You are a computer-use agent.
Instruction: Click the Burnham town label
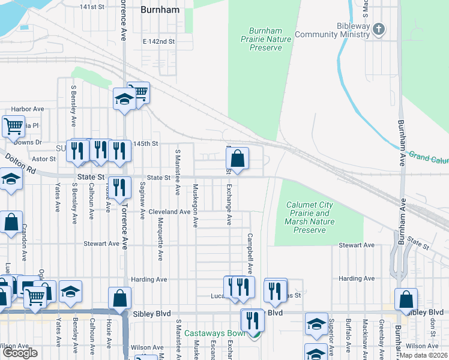[160, 10]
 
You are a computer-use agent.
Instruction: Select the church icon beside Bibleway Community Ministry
[379, 28]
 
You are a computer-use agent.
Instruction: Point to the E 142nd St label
[158, 41]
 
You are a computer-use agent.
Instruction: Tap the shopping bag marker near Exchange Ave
[238, 159]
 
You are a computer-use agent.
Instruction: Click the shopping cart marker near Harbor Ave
[13, 127]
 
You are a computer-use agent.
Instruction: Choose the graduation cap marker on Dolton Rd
[10, 179]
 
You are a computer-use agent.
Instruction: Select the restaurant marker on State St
[120, 187]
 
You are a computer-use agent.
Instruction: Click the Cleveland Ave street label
[170, 212]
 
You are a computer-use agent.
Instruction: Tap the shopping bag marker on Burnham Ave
[406, 299]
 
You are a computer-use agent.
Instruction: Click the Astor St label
[43, 159]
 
